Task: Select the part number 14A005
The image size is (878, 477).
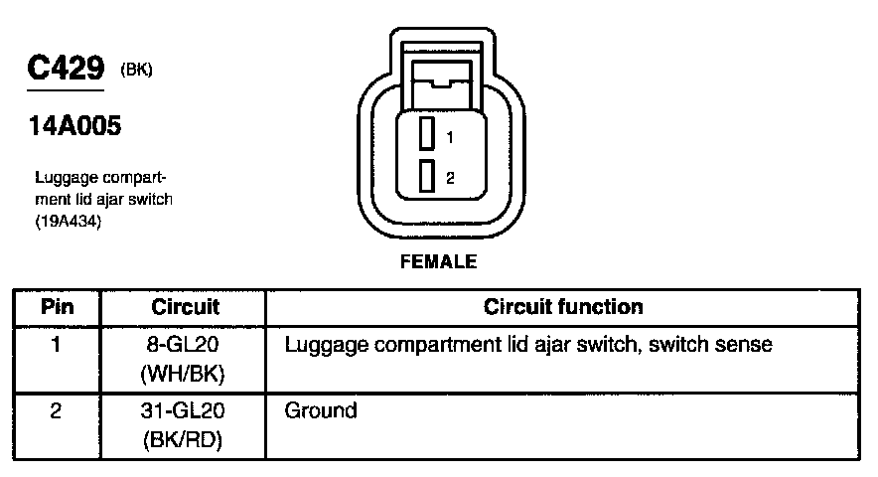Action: click(70, 127)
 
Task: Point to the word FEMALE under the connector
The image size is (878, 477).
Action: click(438, 263)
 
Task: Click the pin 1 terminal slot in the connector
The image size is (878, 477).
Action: click(427, 133)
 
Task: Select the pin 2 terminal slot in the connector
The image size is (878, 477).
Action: click(427, 176)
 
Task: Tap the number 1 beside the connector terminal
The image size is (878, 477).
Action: click(450, 137)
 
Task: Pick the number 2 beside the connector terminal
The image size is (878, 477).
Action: click(450, 179)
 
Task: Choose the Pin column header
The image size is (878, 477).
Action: click(57, 307)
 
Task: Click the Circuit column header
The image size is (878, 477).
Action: click(186, 307)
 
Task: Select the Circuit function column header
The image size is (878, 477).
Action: click(563, 307)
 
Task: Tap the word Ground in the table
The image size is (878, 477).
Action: click(320, 410)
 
